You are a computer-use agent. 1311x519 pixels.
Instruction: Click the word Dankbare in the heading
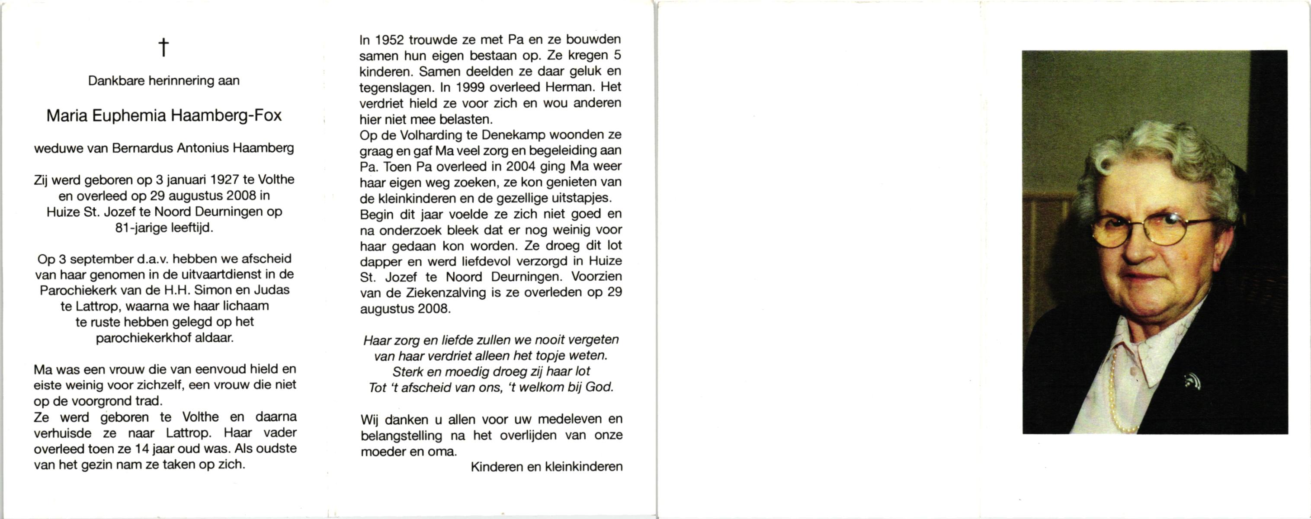(116, 81)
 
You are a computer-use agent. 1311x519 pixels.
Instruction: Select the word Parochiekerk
(78, 290)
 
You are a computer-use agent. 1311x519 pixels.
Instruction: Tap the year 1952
(390, 40)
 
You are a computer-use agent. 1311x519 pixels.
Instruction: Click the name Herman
(567, 87)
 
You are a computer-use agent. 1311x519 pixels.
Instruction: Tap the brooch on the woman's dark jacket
(1192, 380)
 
